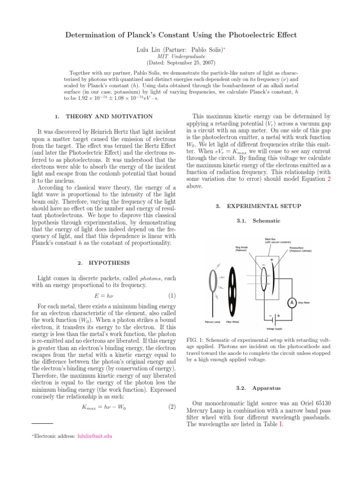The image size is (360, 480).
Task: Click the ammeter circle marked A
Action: pos(292,302)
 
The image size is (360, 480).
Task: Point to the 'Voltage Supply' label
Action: pos(275,329)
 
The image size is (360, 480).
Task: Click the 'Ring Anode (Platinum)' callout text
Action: pos(241,248)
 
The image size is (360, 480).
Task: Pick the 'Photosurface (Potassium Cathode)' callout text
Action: pos(300,249)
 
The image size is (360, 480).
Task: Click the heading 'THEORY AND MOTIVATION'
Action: pos(109,116)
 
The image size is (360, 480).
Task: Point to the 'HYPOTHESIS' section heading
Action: pos(109,262)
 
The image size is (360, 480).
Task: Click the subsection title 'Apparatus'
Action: pos(267,388)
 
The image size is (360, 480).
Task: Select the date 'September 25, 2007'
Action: pos(185,62)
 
